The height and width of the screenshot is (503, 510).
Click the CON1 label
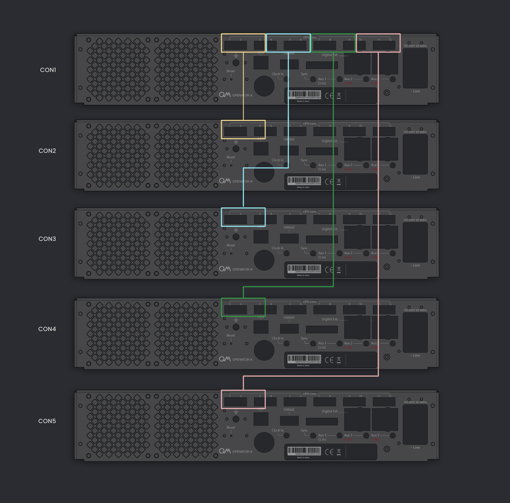pyautogui.click(x=48, y=70)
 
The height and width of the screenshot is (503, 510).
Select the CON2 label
pyautogui.click(x=47, y=151)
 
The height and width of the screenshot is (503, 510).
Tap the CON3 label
pyautogui.click(x=47, y=239)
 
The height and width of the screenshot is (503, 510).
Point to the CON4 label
pyautogui.click(x=47, y=329)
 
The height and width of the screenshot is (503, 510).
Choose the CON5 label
pyautogui.click(x=47, y=421)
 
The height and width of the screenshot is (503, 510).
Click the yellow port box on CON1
pyautogui.click(x=243, y=43)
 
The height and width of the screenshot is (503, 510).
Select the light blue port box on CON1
pyautogui.click(x=288, y=43)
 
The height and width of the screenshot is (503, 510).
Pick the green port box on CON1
pyautogui.click(x=333, y=43)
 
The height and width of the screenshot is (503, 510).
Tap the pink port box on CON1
pyautogui.click(x=378, y=43)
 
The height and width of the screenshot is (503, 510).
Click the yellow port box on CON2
pyautogui.click(x=243, y=129)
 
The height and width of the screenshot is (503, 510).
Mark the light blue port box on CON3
pyautogui.click(x=243, y=217)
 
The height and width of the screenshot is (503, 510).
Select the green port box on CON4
pyautogui.click(x=243, y=307)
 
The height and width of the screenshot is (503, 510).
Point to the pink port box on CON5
pyautogui.click(x=243, y=399)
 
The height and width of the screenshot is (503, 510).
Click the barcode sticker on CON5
pyautogui.click(x=304, y=451)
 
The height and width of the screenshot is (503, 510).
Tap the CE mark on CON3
pyautogui.click(x=329, y=270)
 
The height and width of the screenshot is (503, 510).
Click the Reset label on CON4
pyautogui.click(x=231, y=335)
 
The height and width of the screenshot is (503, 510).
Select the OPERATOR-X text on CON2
pyautogui.click(x=242, y=182)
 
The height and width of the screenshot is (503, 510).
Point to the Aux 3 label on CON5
pyautogui.click(x=375, y=435)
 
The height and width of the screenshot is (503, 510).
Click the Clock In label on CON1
pyautogui.click(x=277, y=74)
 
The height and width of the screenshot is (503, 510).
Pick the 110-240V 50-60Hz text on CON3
pyautogui.click(x=415, y=220)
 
